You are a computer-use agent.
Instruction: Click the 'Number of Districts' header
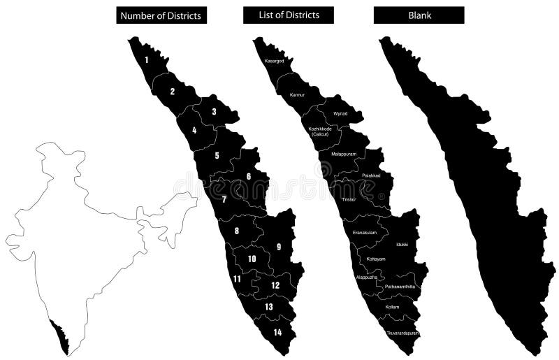[161, 15]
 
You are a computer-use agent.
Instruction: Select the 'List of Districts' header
[289, 15]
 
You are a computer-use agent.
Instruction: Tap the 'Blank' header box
[419, 15]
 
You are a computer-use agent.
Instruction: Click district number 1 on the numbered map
[147, 60]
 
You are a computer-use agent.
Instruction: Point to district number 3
[215, 111]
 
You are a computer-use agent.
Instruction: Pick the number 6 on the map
[249, 176]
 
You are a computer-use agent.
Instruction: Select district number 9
[279, 247]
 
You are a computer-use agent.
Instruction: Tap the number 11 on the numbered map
[238, 279]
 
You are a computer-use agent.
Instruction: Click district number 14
[278, 332]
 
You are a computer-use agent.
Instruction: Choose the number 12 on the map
[275, 285]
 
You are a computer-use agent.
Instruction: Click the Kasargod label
[274, 62]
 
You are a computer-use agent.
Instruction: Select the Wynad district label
[340, 113]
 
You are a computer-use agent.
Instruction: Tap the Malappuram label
[344, 154]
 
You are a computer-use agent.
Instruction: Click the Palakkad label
[371, 175]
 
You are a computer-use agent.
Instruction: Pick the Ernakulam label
[365, 233]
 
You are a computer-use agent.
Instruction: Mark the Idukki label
[402, 245]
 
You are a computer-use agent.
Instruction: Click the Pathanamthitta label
[400, 287]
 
